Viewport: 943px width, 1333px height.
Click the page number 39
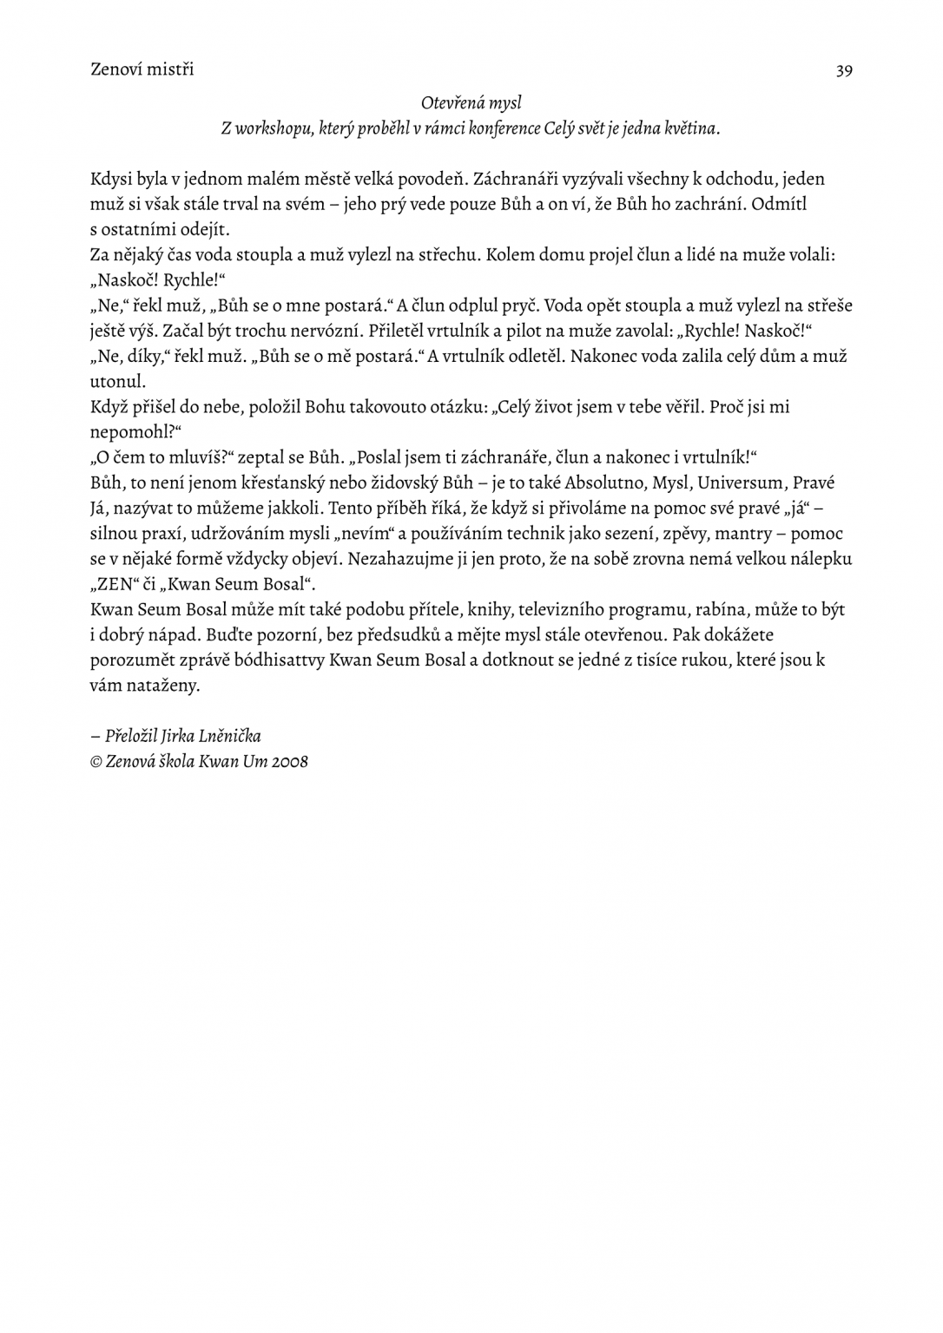click(x=843, y=71)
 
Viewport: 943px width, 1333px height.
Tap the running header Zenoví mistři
click(x=142, y=69)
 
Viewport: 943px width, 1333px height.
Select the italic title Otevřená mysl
click(x=471, y=103)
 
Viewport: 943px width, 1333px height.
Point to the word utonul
click(x=118, y=382)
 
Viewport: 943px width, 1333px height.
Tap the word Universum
click(x=740, y=483)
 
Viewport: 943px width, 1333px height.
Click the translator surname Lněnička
click(x=229, y=737)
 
